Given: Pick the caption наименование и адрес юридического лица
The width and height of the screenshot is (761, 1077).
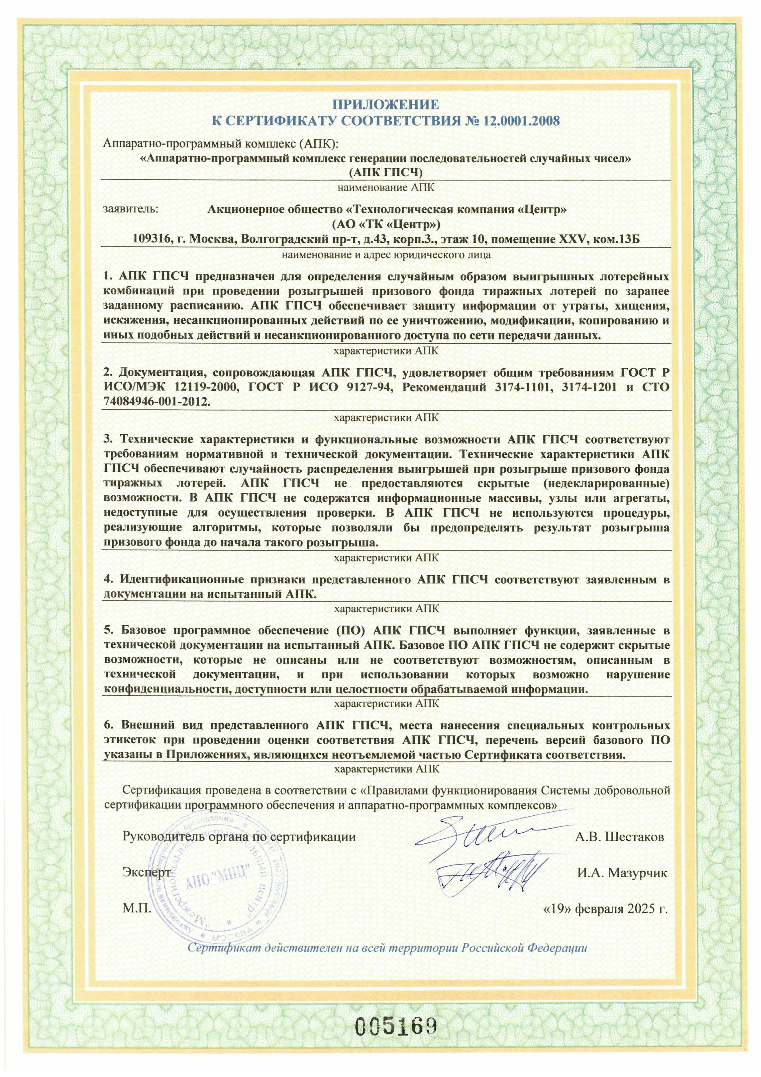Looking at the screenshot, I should coord(385,256).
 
